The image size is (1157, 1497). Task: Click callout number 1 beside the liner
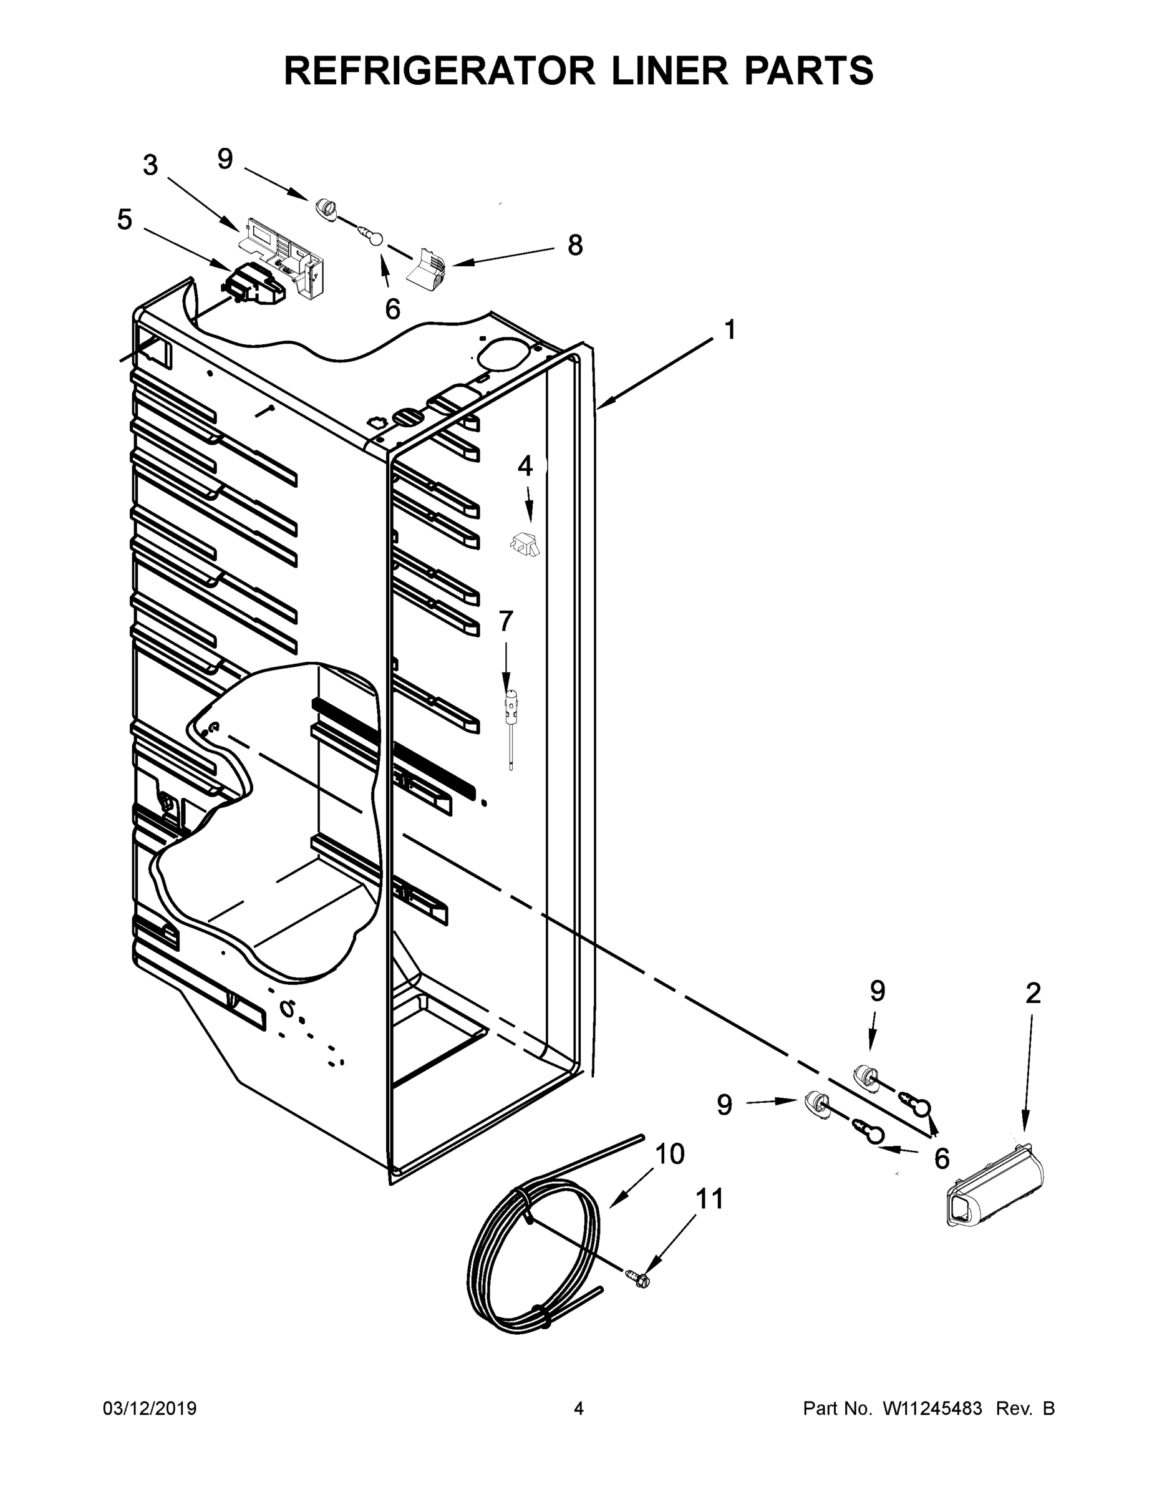[x=730, y=330]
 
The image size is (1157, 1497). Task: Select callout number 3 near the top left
[x=150, y=165]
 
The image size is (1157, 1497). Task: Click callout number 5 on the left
[x=124, y=220]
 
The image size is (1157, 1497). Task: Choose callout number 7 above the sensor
[x=506, y=621]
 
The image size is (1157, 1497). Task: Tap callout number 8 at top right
[x=575, y=245]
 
